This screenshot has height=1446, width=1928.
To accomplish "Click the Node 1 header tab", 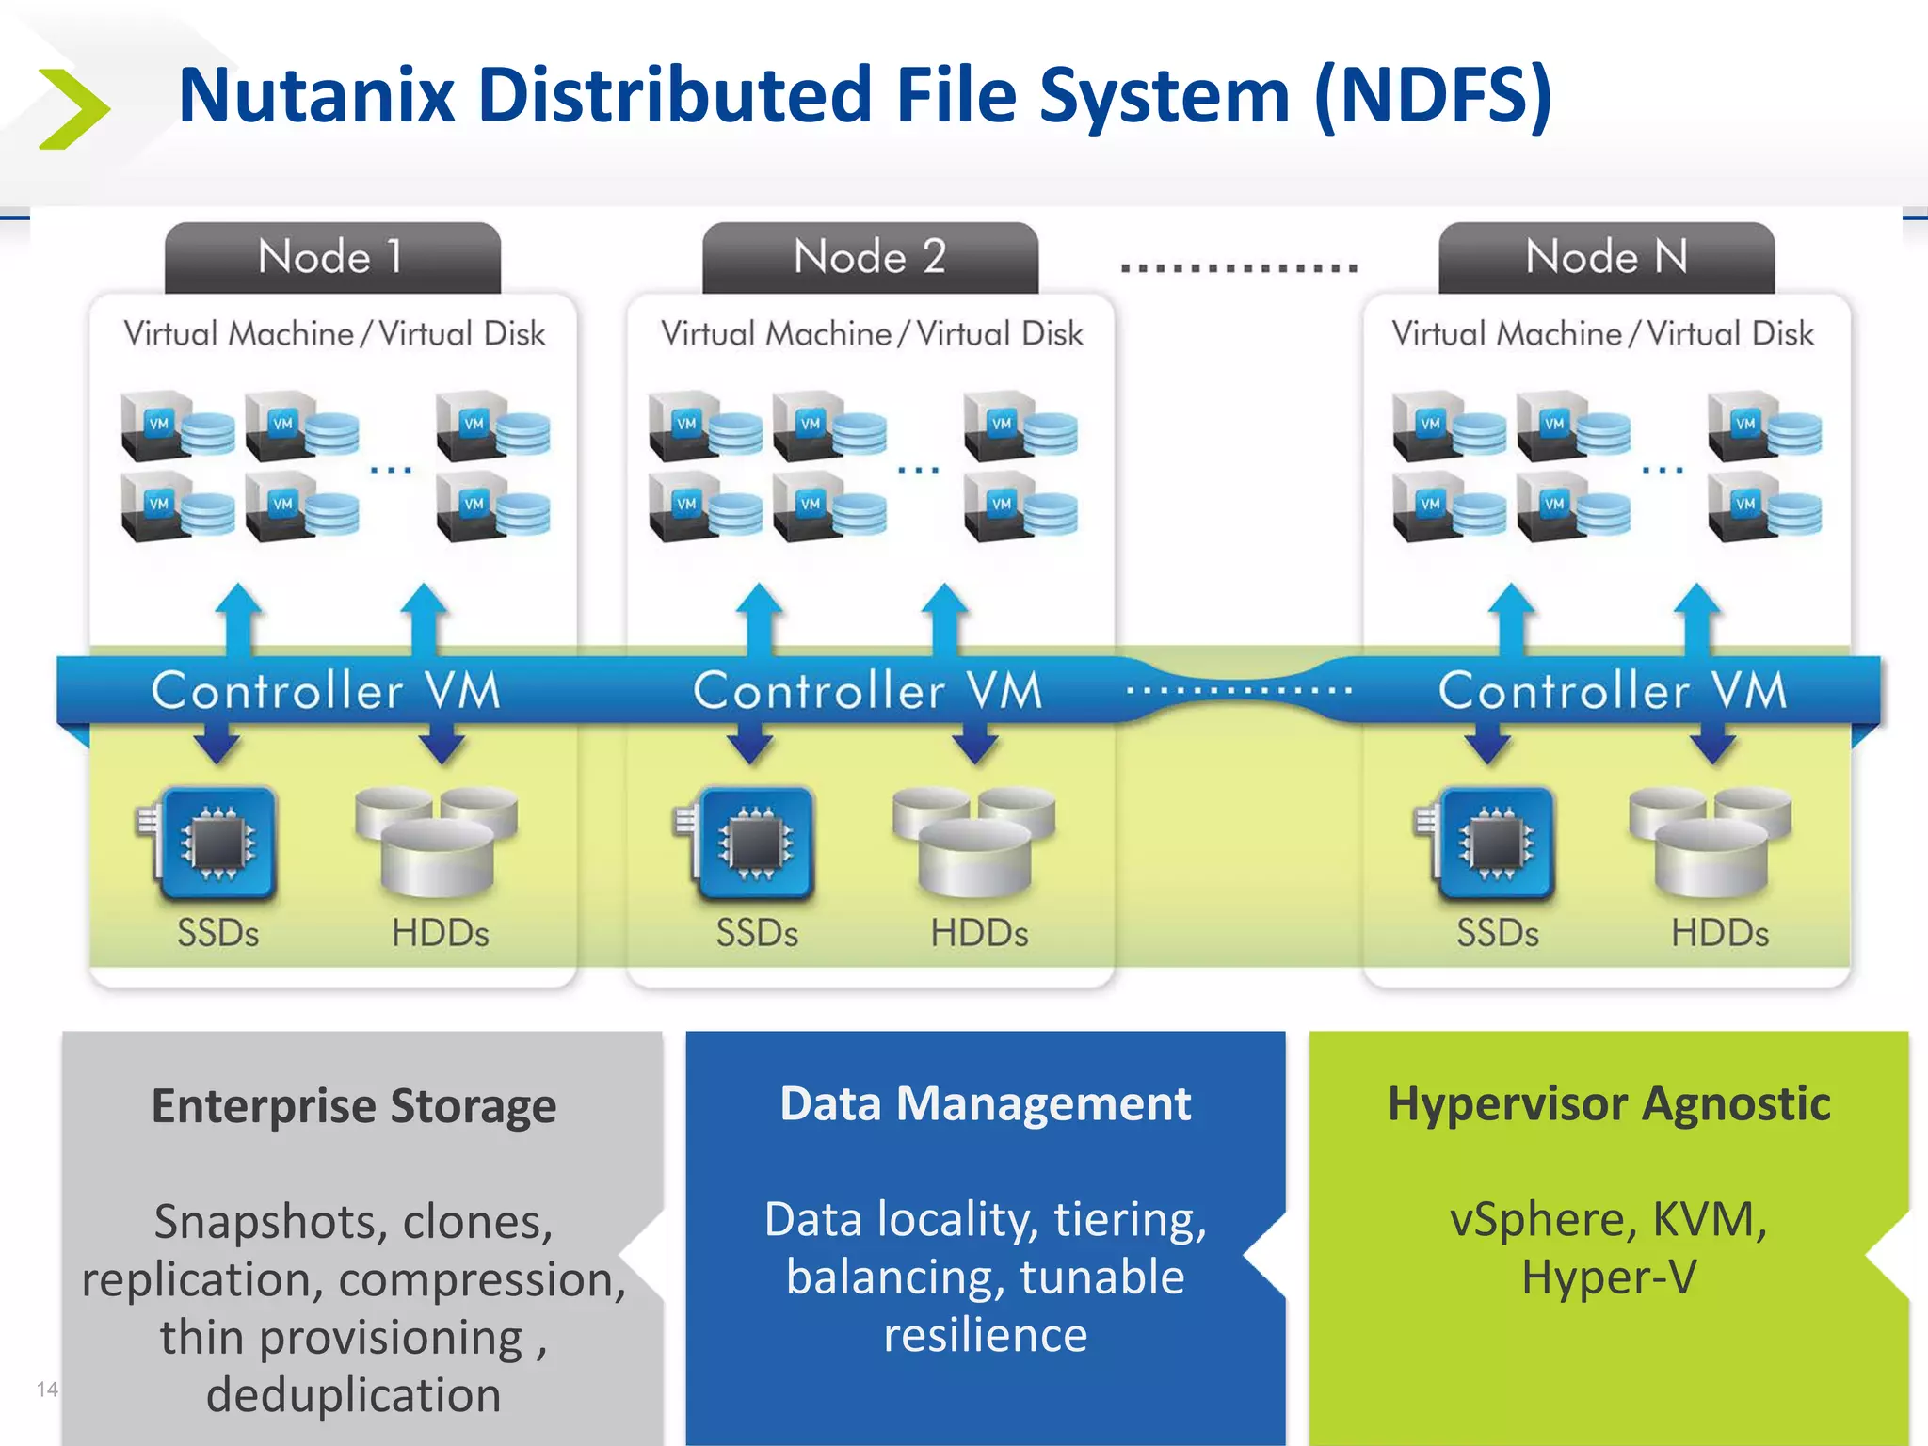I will tap(332, 256).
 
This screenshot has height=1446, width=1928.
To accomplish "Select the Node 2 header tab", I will tap(870, 256).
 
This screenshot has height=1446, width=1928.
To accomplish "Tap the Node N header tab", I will tap(1606, 256).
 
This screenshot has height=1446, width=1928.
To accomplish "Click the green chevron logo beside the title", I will tap(73, 108).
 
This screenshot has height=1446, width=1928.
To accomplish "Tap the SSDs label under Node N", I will tap(1497, 933).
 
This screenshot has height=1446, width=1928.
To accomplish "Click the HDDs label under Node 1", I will tap(440, 933).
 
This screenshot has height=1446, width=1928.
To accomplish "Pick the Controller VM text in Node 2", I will tap(868, 690).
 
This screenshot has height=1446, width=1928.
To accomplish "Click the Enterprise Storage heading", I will tap(354, 1105).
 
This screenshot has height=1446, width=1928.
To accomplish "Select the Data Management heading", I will tap(985, 1103).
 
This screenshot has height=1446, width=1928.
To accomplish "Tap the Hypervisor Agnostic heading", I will tap(1608, 1103).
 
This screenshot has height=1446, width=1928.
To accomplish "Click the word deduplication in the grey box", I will tap(354, 1394).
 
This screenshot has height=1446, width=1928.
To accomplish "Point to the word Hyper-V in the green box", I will tap(1608, 1277).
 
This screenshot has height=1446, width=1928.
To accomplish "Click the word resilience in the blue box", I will tap(985, 1335).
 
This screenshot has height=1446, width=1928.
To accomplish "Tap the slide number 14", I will tap(47, 1389).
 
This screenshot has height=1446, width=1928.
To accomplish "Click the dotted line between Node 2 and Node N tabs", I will tap(1239, 268).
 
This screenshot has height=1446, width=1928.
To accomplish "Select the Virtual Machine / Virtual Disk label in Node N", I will tap(1602, 333).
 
